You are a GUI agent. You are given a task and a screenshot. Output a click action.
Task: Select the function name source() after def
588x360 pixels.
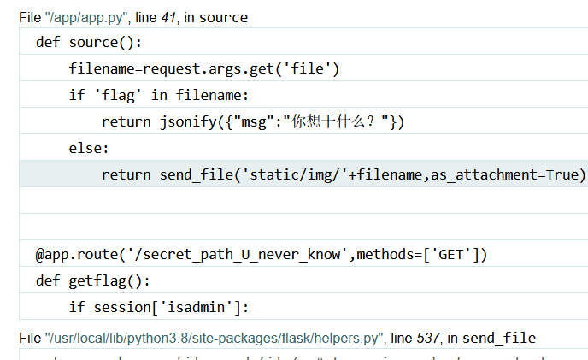coord(106,42)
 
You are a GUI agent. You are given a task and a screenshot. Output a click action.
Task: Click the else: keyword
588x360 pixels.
coord(89,148)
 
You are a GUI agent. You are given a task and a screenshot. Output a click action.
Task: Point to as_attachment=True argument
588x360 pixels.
coord(503,174)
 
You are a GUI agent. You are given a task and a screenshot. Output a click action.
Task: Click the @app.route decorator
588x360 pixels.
coord(72,254)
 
